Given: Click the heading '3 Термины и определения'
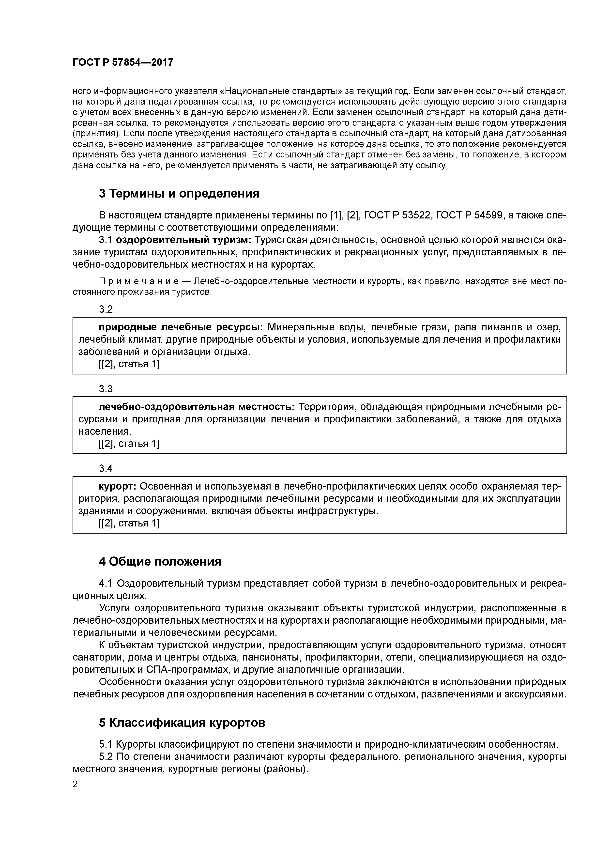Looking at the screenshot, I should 179,194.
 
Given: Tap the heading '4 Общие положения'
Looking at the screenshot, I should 160,562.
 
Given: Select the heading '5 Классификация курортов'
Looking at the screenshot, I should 182,723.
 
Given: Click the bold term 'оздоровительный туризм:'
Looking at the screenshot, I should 184,240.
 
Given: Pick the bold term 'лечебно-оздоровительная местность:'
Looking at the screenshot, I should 197,407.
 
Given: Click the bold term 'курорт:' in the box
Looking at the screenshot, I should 118,487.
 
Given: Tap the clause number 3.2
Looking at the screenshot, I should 106,309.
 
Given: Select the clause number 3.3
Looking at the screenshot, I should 106,389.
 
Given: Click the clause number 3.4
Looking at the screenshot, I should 106,469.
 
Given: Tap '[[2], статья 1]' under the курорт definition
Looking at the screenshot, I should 129,523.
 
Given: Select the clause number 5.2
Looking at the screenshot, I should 106,757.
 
